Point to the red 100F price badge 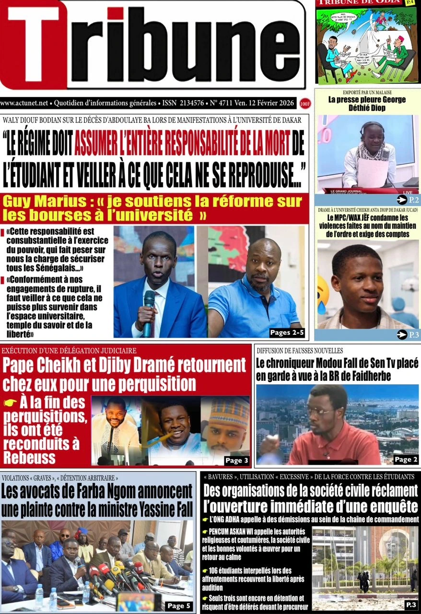tap(304, 103)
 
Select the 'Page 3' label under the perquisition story tap(236, 460)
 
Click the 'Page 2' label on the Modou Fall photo tap(406, 460)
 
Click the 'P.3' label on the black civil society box tap(411, 604)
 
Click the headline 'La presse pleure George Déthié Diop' tap(367, 104)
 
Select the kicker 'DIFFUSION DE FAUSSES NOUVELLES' tap(300, 351)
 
